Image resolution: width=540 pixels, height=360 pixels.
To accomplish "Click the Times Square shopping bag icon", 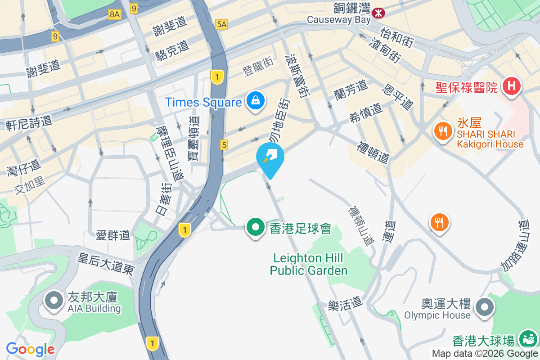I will [x=256, y=101].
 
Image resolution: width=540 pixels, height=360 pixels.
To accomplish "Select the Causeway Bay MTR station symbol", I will [x=378, y=13].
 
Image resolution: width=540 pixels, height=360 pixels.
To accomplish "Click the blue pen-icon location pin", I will [x=270, y=158].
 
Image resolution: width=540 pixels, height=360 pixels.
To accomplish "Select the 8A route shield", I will [x=115, y=14].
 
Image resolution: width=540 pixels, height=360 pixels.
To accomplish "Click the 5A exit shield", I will [x=221, y=24].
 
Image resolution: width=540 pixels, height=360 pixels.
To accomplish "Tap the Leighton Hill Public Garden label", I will [x=309, y=264].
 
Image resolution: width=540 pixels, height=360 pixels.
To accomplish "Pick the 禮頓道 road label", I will [x=373, y=152].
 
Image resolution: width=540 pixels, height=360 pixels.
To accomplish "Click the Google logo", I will [x=30, y=349].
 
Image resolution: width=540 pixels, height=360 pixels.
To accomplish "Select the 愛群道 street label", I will [x=113, y=234].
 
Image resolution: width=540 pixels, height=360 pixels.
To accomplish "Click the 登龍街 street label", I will [x=258, y=68].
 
